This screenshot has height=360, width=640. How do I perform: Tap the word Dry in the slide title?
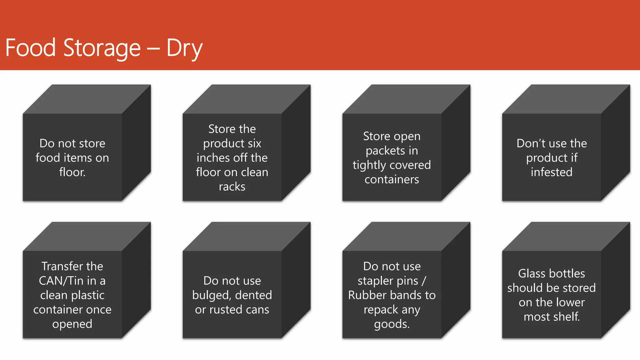pyautogui.click(x=184, y=48)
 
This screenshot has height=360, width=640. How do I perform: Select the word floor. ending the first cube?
pyautogui.click(x=72, y=172)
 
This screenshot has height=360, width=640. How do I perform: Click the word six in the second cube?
pyautogui.click(x=254, y=143)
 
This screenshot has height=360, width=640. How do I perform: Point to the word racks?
pyautogui.click(x=232, y=187)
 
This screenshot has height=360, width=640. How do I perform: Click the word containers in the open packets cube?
pyautogui.click(x=392, y=179)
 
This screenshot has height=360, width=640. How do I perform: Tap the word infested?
pyautogui.click(x=552, y=172)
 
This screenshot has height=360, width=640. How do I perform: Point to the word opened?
pyautogui.click(x=72, y=324)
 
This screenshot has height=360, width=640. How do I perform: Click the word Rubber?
pyautogui.click(x=366, y=295)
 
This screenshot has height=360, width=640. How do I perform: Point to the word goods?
pyautogui.click(x=392, y=324)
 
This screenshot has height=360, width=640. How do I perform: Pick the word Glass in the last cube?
pyautogui.click(x=532, y=273)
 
